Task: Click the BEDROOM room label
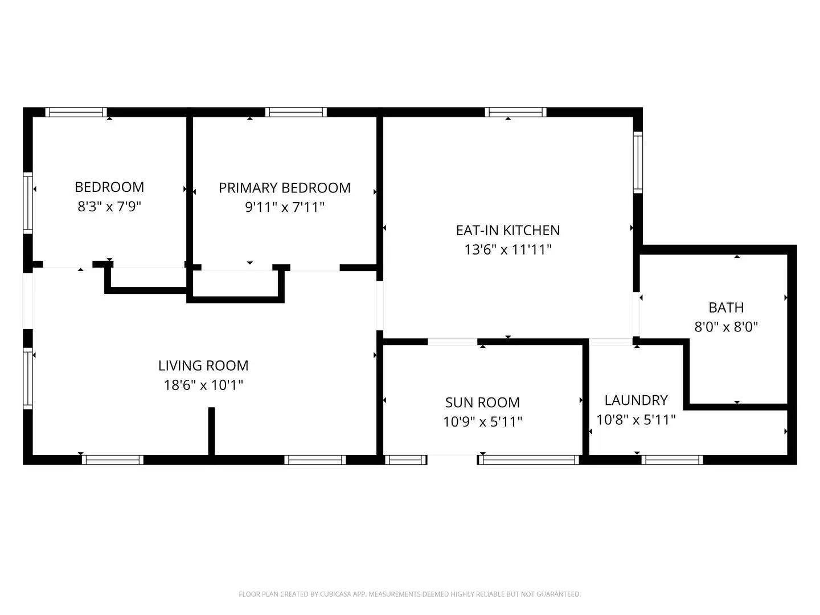point(109,187)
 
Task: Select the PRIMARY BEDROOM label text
point(285,188)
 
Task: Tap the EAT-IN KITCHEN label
point(507,230)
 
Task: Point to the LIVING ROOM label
point(203,366)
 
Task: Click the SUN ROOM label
point(482,403)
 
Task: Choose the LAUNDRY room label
point(635,400)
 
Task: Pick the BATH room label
point(726,307)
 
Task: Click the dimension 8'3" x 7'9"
point(109,206)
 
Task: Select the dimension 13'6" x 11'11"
point(507,249)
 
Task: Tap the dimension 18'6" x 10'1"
point(203,385)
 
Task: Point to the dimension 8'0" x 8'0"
point(726,327)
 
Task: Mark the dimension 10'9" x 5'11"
point(482,422)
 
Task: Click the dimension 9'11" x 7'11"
point(285,207)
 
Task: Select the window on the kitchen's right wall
point(638,162)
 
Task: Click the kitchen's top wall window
point(515,112)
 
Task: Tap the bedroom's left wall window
point(27,203)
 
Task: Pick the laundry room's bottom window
point(672,460)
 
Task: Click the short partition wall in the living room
point(211,431)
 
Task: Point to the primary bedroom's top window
point(296,112)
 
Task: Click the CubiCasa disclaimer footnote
point(409,594)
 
